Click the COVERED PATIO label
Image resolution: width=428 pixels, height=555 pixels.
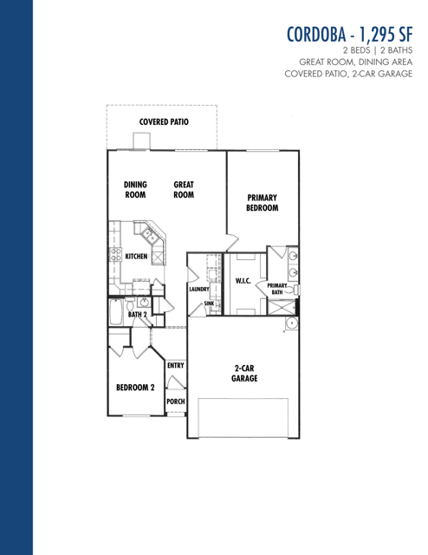pyautogui.click(x=164, y=121)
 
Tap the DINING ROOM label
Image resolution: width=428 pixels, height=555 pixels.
pyautogui.click(x=135, y=189)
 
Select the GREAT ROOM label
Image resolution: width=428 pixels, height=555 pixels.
pyautogui.click(x=184, y=189)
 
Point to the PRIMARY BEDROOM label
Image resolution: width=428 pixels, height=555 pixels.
pyautogui.click(x=263, y=202)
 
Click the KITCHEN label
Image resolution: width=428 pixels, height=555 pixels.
pyautogui.click(x=136, y=256)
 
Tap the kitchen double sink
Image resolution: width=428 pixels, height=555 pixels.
pyautogui.click(x=150, y=235)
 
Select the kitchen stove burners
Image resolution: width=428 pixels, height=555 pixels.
pyautogui.click(x=115, y=254)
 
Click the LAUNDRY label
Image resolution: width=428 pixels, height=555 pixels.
pyautogui.click(x=199, y=289)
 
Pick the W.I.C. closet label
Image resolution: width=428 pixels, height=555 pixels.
pyautogui.click(x=243, y=281)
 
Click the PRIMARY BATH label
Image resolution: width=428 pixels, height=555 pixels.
pyautogui.click(x=277, y=289)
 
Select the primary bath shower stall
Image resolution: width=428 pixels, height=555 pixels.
pyautogui.click(x=282, y=307)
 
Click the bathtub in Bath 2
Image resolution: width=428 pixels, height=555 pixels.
pyautogui.click(x=115, y=312)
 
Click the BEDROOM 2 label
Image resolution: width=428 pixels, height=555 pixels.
pyautogui.click(x=135, y=388)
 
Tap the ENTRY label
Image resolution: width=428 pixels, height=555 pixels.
pyautogui.click(x=176, y=365)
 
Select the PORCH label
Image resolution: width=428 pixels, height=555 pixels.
pyautogui.click(x=176, y=402)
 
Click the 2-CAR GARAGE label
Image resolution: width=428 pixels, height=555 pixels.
pyautogui.click(x=244, y=373)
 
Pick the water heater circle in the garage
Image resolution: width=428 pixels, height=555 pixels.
pyautogui.click(x=291, y=323)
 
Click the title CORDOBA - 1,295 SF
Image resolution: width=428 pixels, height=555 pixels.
pyautogui.click(x=349, y=35)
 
